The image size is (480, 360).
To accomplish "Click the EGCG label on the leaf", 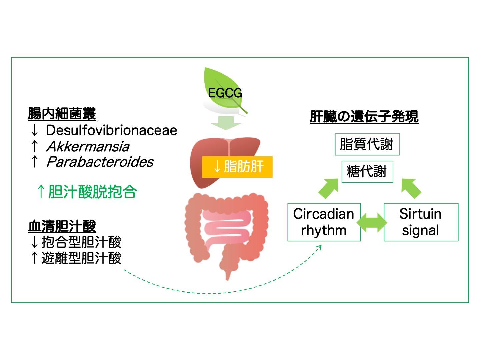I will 225,93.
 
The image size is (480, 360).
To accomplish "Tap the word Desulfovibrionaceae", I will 111,130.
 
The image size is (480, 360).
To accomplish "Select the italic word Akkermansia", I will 88,146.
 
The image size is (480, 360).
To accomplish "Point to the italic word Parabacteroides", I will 100,162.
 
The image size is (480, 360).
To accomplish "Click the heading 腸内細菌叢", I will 62,114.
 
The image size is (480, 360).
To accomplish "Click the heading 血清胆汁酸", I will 62,226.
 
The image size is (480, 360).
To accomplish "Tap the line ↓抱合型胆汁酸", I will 75,242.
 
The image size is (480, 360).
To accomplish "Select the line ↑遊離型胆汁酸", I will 75,258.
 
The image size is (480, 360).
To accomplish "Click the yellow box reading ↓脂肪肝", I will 237,167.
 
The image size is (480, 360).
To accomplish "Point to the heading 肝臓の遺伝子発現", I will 364,117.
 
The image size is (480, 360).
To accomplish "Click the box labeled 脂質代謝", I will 367,144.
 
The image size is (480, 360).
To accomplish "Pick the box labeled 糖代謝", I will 367,172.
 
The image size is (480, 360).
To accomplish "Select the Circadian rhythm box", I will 324,222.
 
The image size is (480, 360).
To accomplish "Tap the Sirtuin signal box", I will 421,222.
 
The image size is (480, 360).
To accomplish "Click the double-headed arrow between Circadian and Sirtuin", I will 372,222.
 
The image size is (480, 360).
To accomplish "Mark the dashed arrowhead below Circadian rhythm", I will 319,248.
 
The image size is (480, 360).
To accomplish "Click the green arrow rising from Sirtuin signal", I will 411,188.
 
